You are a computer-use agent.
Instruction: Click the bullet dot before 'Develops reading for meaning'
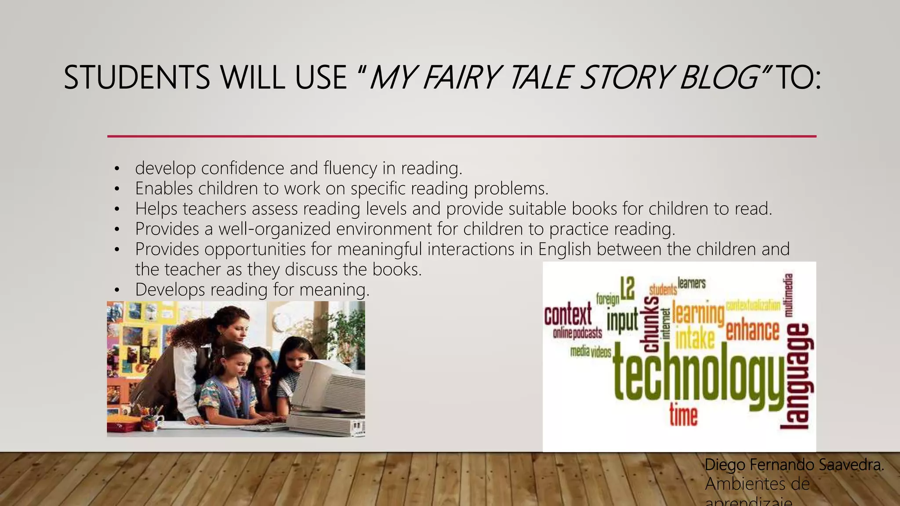tap(116, 290)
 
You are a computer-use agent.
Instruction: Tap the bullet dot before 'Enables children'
tap(116, 189)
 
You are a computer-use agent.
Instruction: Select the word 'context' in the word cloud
tap(568, 314)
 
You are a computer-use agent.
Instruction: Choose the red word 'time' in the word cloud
tap(683, 415)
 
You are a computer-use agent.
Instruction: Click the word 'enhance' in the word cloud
tap(752, 330)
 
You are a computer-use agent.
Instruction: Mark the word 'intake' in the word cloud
tap(695, 339)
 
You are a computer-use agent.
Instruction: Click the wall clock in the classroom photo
tap(279, 323)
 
